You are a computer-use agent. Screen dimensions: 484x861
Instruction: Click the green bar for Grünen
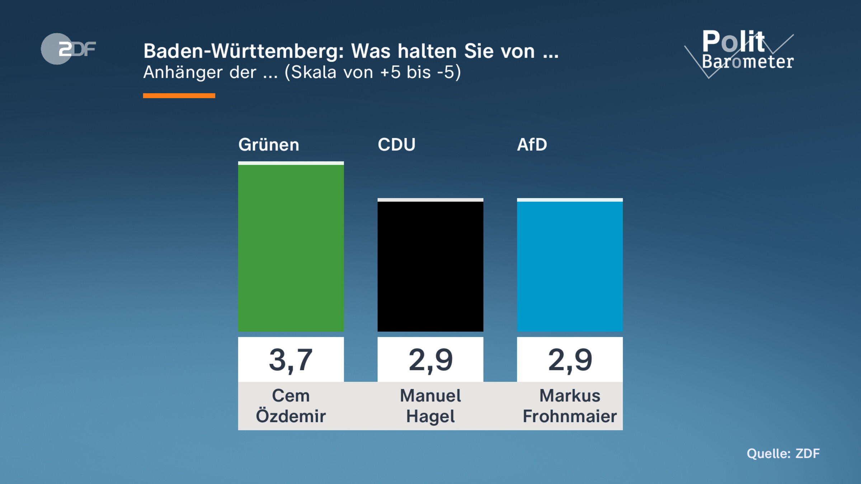coord(291,247)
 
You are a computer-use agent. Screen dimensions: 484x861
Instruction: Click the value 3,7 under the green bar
coord(291,360)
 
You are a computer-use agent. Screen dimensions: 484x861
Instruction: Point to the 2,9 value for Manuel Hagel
coord(430,360)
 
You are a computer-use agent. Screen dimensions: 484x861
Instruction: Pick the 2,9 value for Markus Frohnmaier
coord(570,360)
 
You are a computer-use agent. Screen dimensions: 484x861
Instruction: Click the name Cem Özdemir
coord(291,406)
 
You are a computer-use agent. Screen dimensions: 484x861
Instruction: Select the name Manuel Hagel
coord(430,406)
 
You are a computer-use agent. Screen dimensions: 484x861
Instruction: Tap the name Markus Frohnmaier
coord(570,406)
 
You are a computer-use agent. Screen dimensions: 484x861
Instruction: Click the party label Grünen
coord(269,145)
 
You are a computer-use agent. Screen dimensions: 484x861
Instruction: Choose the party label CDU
coord(396,145)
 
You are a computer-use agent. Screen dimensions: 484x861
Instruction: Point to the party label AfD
coord(532,145)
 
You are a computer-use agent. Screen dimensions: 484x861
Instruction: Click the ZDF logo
coord(68,49)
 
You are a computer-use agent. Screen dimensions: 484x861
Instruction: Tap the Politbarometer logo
coord(743,52)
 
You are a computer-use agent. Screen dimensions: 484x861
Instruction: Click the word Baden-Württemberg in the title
coord(244,51)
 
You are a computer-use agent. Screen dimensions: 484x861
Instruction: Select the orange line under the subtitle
coord(179,95)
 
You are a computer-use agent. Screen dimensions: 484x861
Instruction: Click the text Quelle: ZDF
coord(783,454)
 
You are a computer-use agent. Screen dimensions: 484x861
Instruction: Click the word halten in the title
coord(427,51)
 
